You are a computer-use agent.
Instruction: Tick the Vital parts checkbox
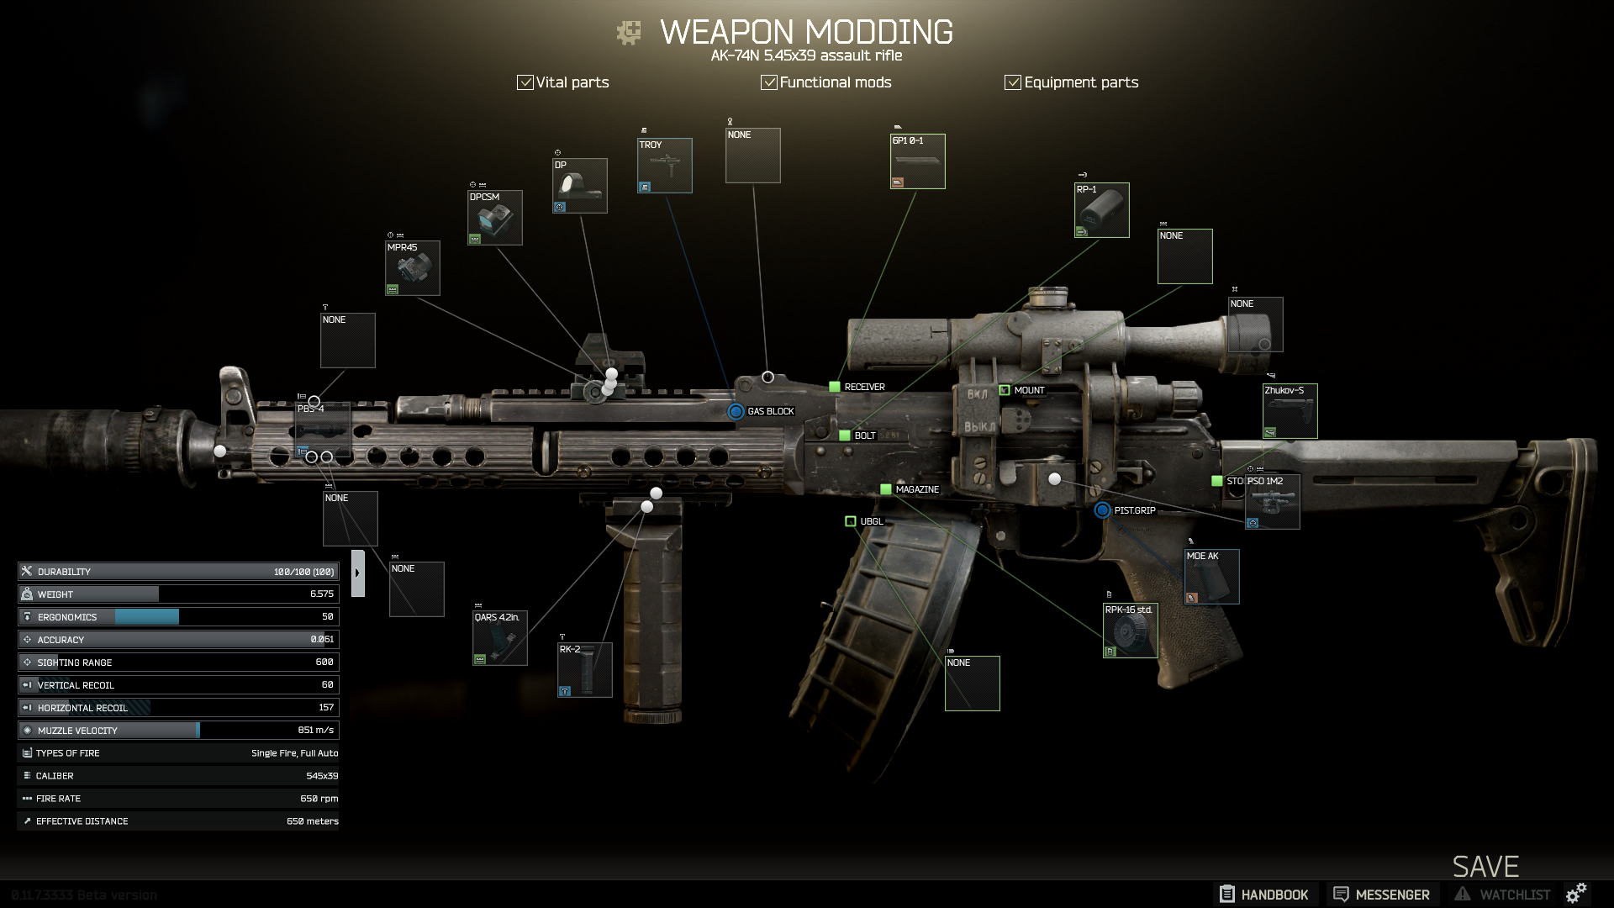click(525, 82)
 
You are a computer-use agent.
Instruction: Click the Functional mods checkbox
click(768, 82)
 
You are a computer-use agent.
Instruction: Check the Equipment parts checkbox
click(1013, 82)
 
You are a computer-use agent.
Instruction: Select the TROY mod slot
click(665, 166)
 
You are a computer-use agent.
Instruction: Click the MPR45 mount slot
click(413, 268)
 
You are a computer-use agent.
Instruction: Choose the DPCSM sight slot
click(495, 218)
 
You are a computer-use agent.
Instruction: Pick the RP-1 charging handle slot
click(1102, 210)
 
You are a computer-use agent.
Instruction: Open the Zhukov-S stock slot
click(1290, 411)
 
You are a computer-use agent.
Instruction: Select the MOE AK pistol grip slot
click(1212, 577)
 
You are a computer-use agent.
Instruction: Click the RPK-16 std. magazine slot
click(1131, 631)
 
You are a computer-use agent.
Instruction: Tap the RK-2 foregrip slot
click(585, 670)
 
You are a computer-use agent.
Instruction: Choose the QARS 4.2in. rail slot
click(500, 638)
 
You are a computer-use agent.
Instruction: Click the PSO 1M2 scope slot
click(1273, 502)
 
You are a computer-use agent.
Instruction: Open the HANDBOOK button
click(1264, 895)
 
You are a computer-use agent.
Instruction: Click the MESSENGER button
click(1382, 895)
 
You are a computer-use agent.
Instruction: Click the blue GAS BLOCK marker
click(736, 411)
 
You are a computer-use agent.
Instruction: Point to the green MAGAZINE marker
click(885, 489)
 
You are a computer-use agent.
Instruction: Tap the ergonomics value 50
click(328, 616)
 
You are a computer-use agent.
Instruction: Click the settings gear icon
click(1576, 893)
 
